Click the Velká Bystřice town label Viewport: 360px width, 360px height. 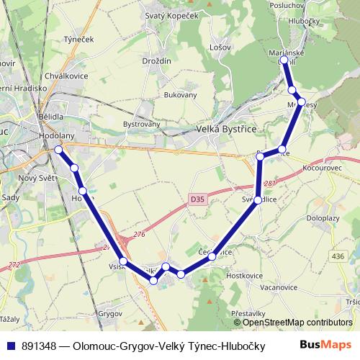tap(227, 130)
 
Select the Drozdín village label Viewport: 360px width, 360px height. tap(156, 61)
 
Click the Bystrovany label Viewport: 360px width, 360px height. tap(141, 124)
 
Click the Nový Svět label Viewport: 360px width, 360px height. tap(37, 178)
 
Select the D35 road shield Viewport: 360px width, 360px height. tap(198, 199)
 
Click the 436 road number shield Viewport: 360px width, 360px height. tap(338, 256)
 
